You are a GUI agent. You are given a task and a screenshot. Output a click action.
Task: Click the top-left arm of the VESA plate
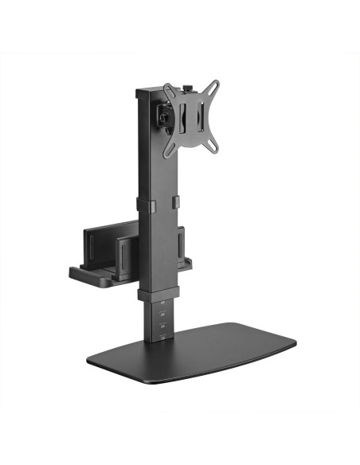pos(170,89)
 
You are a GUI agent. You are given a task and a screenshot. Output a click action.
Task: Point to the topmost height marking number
pos(163,304)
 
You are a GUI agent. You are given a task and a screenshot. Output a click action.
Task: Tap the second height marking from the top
pos(162,315)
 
